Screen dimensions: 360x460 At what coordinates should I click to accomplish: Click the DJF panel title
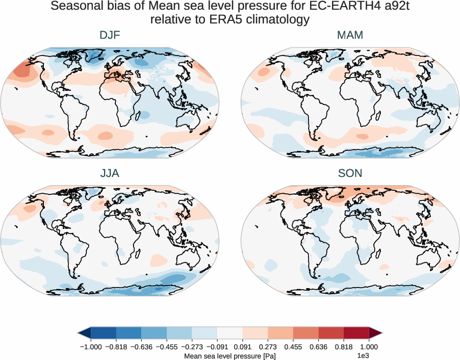click(x=110, y=36)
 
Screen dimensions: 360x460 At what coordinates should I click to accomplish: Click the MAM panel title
click(x=350, y=36)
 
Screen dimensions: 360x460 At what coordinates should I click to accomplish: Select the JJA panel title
click(x=110, y=173)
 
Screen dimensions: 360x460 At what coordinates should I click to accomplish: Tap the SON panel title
click(x=350, y=173)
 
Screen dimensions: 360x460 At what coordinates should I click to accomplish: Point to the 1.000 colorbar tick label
click(x=369, y=346)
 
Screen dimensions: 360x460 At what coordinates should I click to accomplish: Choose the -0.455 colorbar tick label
click(x=167, y=346)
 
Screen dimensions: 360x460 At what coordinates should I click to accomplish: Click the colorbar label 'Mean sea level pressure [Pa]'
click(x=229, y=355)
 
